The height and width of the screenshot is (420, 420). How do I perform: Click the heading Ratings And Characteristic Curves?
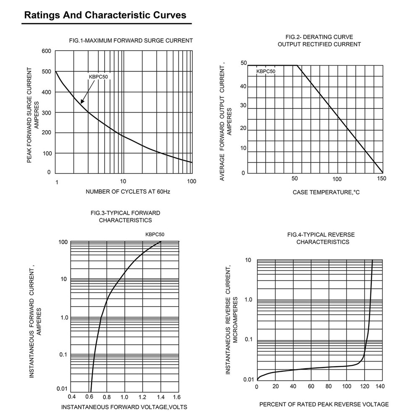(x=105, y=15)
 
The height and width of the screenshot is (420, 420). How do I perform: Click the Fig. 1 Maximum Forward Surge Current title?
(x=131, y=40)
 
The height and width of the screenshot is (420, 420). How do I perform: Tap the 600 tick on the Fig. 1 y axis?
(x=46, y=51)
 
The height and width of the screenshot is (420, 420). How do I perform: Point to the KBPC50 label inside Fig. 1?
(x=98, y=77)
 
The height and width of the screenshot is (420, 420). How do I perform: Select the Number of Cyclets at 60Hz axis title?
(x=128, y=192)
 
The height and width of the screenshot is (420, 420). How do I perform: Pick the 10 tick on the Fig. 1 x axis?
(x=123, y=181)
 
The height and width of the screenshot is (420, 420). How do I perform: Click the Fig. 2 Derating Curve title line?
(x=319, y=37)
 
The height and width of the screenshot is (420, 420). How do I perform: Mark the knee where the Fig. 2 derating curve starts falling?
(x=297, y=66)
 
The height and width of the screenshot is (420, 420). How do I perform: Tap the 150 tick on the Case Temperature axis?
(x=381, y=178)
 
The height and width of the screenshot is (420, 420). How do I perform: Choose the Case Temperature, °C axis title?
(x=326, y=192)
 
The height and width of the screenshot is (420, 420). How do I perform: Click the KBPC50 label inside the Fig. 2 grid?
(x=266, y=71)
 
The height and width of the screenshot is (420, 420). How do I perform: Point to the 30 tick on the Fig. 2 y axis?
(x=243, y=105)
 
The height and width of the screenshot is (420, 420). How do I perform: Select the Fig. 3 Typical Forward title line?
(x=125, y=213)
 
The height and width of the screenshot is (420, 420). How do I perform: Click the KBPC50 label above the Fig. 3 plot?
(x=155, y=234)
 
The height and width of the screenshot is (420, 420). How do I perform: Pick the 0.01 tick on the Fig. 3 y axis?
(x=62, y=388)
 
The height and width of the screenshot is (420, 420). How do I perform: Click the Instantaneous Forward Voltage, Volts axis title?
(x=124, y=407)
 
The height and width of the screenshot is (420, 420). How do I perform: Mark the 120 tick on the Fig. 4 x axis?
(x=364, y=386)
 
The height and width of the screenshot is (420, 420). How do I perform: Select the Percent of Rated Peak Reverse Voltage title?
(x=324, y=404)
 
